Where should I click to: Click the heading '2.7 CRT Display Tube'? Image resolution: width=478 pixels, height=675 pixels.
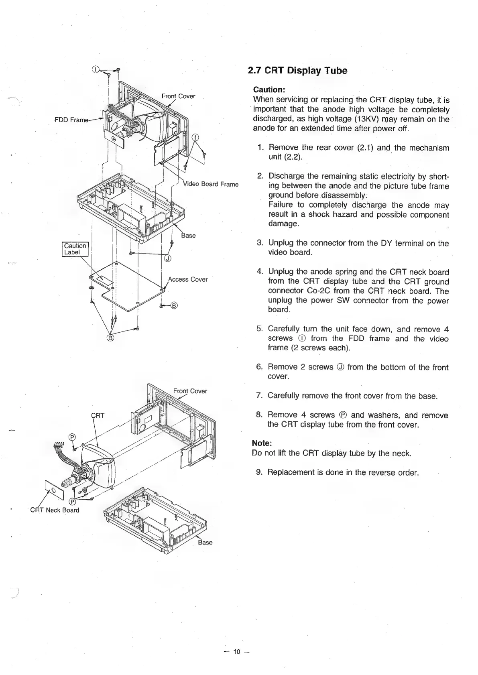click(297, 71)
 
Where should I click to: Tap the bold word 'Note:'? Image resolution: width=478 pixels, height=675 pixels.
click(262, 443)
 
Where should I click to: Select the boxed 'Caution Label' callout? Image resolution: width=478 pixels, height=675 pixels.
click(75, 249)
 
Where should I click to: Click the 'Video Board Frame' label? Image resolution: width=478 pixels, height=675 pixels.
click(210, 184)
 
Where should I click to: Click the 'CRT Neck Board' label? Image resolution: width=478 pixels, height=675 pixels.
click(55, 510)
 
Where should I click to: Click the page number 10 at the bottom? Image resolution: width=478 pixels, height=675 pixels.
click(237, 651)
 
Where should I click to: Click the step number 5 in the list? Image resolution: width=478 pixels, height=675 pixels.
click(259, 329)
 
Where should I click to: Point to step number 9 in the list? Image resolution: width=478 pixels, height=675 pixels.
click(259, 472)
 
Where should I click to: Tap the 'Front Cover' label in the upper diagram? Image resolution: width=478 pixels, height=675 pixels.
click(178, 96)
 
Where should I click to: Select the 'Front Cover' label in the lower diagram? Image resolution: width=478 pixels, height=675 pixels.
click(190, 391)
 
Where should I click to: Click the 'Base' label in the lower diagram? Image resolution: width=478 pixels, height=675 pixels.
click(205, 543)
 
